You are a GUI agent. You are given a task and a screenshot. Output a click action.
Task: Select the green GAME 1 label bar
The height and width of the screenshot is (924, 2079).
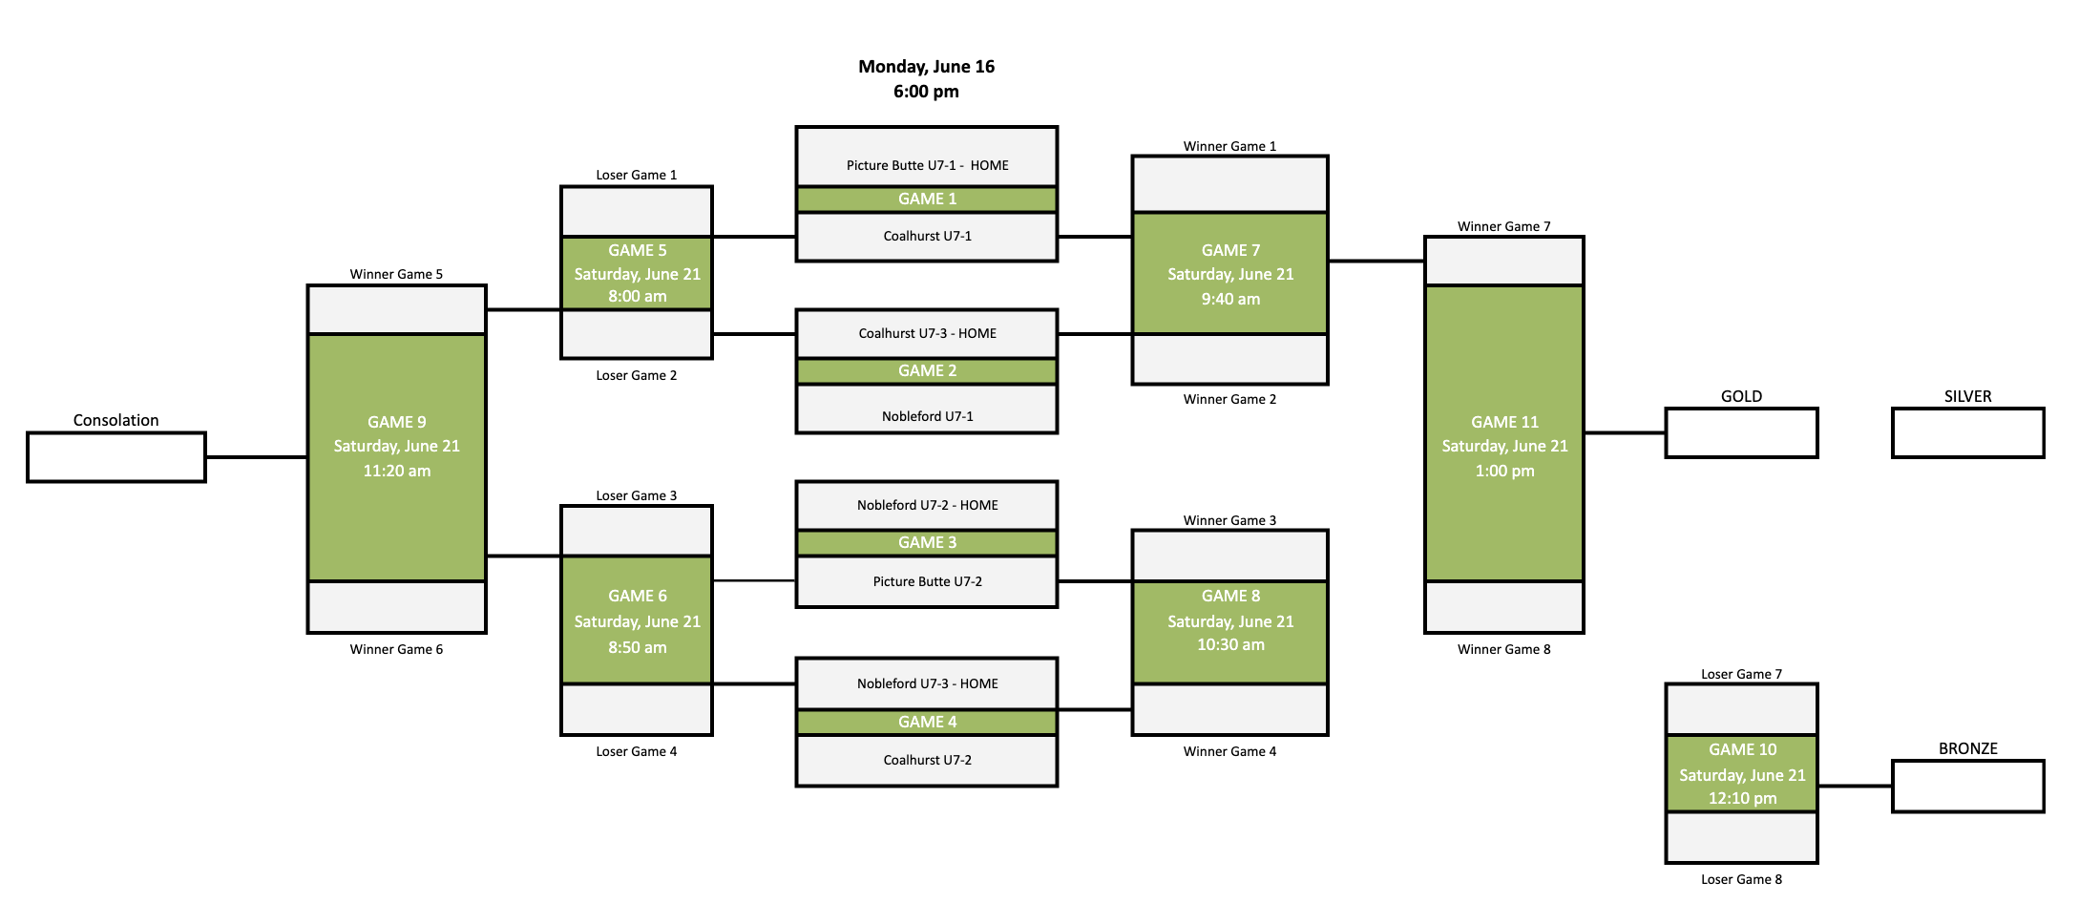pos(927,199)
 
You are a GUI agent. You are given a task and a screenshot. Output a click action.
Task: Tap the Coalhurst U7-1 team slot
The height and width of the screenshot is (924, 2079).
pos(927,237)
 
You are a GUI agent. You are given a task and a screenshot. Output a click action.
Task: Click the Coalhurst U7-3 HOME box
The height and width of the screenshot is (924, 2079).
pos(927,334)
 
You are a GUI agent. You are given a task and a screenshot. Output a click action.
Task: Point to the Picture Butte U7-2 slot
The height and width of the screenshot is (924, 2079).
pos(927,582)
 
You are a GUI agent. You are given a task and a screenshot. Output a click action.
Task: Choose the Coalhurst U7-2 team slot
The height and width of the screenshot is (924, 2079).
pos(927,761)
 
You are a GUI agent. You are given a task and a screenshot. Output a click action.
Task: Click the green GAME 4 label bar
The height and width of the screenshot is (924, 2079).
pos(927,723)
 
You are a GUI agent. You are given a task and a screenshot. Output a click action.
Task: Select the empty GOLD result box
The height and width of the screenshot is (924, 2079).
pos(1741,433)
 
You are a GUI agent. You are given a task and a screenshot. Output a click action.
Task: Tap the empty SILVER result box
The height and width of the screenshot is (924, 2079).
pos(1967,433)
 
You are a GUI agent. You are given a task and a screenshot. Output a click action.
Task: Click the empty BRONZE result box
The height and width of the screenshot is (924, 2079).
pos(1967,787)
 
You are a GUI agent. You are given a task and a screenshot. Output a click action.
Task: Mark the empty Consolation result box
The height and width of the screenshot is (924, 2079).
pos(116,457)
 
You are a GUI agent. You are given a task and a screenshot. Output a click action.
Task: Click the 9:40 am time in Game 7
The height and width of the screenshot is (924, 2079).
pos(1230,300)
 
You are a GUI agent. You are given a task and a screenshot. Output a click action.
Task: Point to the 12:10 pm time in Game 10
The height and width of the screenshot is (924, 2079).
pos(1742,799)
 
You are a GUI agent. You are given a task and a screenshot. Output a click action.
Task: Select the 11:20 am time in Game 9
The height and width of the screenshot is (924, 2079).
pos(396,472)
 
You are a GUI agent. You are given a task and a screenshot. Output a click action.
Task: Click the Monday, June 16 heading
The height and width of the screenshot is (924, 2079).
pos(926,67)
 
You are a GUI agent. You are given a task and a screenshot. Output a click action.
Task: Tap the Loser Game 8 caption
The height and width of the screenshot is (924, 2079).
pos(1741,880)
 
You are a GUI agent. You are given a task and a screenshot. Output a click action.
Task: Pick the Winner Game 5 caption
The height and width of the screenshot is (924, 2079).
pos(396,275)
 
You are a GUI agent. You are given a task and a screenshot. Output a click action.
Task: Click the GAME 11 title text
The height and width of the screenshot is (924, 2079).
pos(1504,422)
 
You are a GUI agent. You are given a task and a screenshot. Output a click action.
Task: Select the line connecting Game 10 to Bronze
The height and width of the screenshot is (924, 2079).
pos(1855,787)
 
